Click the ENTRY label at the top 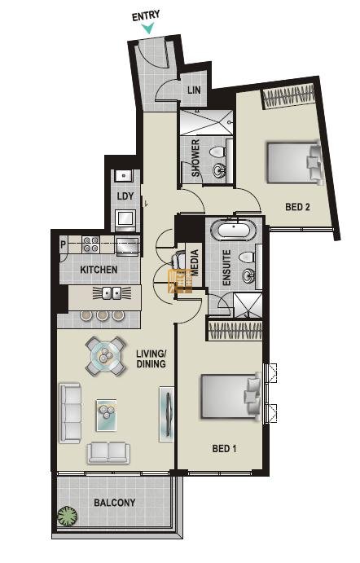click(146, 16)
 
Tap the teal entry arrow click(148, 29)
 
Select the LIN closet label click(194, 90)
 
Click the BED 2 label click(297, 207)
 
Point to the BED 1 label click(224, 448)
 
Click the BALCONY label click(115, 503)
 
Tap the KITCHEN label click(99, 270)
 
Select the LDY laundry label click(125, 196)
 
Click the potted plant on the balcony click(68, 517)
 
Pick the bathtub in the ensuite click(234, 230)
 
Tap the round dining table click(106, 356)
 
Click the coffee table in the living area click(106, 415)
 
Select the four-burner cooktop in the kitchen click(90, 244)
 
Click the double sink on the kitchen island click(112, 293)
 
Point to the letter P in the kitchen click(64, 245)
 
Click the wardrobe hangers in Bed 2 click(288, 96)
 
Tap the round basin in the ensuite click(248, 276)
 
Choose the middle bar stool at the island click(102, 314)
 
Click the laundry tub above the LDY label click(124, 175)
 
